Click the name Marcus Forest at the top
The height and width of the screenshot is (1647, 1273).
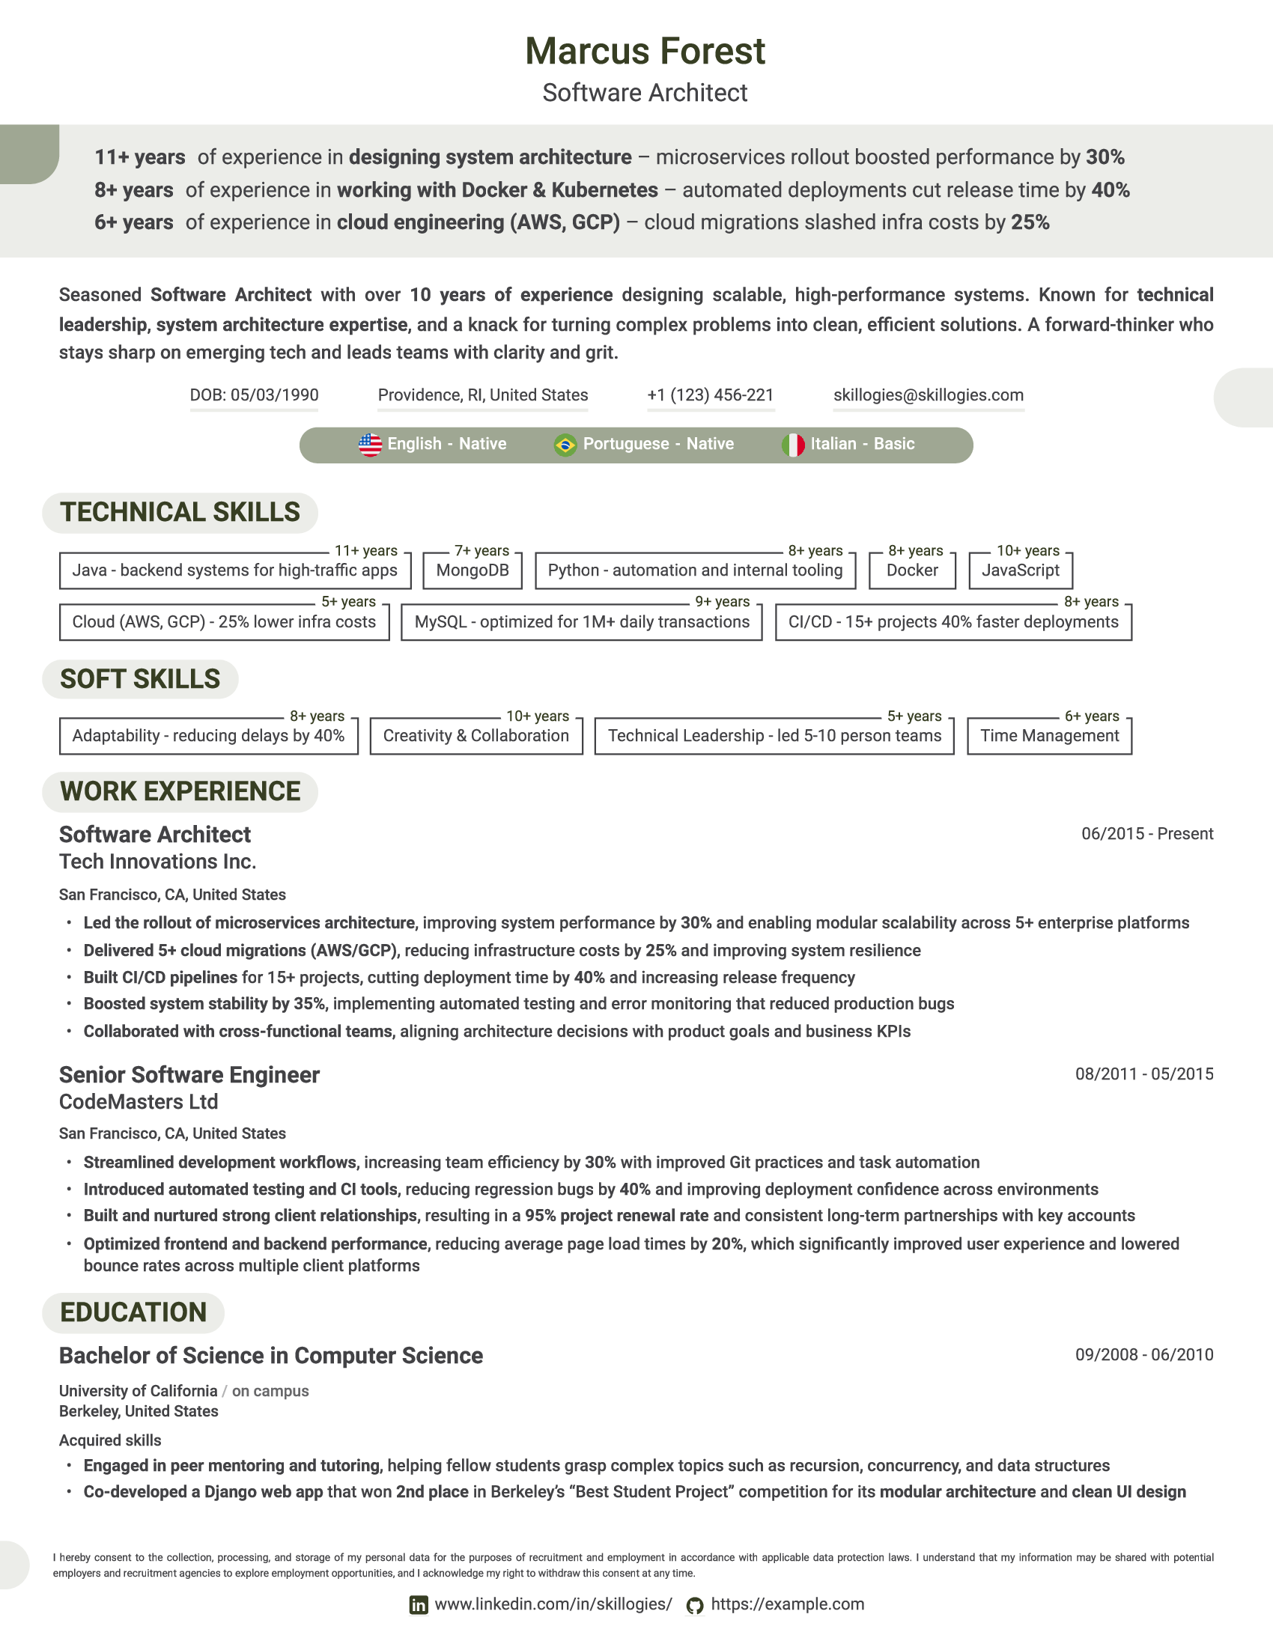click(x=645, y=51)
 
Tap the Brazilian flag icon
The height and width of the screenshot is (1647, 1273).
click(x=565, y=445)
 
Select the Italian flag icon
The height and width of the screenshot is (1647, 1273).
click(x=792, y=445)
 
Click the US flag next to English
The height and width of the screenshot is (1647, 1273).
click(x=369, y=445)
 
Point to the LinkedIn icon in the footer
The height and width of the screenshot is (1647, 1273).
click(x=418, y=1605)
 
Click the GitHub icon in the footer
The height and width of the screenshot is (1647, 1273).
click(x=695, y=1606)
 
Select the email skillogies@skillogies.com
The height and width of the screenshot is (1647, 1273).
click(x=928, y=395)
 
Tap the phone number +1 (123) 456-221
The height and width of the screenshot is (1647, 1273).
click(x=710, y=395)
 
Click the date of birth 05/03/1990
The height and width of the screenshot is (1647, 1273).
click(x=254, y=395)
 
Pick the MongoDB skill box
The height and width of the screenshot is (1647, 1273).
click(x=472, y=570)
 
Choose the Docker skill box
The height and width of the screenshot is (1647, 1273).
click(x=912, y=570)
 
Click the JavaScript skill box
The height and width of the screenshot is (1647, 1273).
click(x=1020, y=570)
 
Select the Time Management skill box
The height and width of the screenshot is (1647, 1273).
click(x=1049, y=735)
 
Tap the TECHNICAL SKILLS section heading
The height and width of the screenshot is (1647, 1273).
click(x=180, y=512)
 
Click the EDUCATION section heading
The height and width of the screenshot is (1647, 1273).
click(x=133, y=1312)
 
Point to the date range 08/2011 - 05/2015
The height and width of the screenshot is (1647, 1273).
click(x=1143, y=1074)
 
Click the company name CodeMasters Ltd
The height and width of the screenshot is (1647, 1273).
click(x=138, y=1102)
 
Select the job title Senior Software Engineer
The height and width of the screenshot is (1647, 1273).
click(x=189, y=1074)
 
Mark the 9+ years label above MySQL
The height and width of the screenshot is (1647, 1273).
click(x=722, y=602)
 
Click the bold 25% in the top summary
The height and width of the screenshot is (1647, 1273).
click(x=1030, y=222)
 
